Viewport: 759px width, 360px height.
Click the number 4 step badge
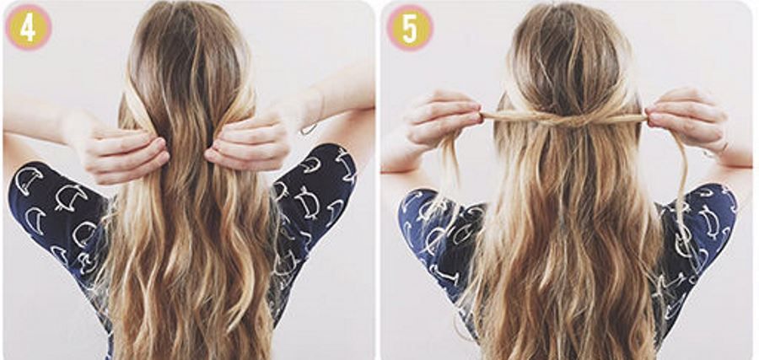[x=28, y=28]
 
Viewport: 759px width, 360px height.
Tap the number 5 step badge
[x=410, y=28]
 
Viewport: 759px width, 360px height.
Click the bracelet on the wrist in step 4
[x=309, y=130]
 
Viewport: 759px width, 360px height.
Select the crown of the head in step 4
[x=188, y=34]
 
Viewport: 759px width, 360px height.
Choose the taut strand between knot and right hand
[x=619, y=117]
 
